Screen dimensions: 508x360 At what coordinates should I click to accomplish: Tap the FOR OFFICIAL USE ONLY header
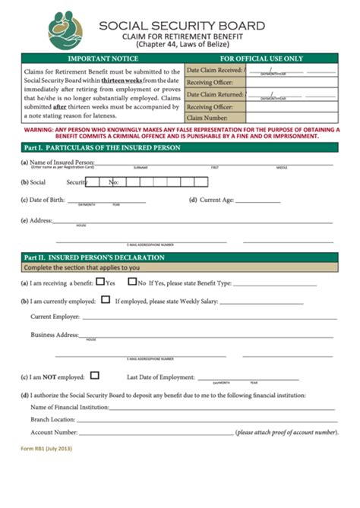tap(261, 58)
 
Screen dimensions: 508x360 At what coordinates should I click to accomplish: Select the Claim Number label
tap(207, 118)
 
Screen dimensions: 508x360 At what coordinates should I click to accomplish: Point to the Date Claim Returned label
tap(215, 94)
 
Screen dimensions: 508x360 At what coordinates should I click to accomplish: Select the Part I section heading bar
tap(179, 147)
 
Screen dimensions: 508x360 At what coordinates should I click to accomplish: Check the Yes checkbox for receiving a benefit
tap(100, 282)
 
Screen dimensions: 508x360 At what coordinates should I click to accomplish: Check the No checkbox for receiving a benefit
tap(131, 282)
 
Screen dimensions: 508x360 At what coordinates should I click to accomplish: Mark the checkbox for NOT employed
tap(94, 375)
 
